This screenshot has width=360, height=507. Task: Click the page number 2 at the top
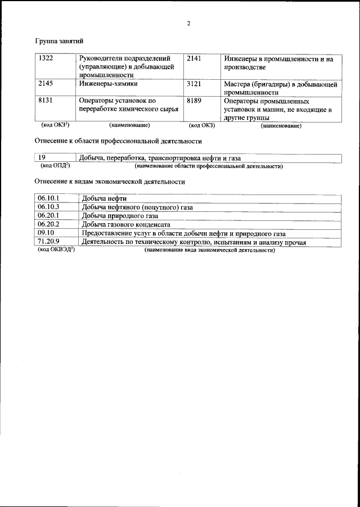pos(189,23)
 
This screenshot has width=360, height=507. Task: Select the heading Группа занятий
pos(60,41)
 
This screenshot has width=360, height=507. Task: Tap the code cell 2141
pos(194,58)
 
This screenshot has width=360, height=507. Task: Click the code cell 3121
pos(194,84)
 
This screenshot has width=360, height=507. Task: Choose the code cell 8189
pos(194,101)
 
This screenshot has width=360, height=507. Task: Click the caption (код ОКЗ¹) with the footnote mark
pos(56,125)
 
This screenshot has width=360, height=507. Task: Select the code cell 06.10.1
pos(48,198)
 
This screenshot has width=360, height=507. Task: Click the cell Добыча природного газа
pos(120,216)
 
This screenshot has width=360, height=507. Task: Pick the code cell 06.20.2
pos(48,224)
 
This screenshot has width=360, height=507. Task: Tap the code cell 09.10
pos(46,233)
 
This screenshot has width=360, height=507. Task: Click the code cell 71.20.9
pos(48,242)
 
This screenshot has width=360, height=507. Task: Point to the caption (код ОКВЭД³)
pos(56,250)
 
